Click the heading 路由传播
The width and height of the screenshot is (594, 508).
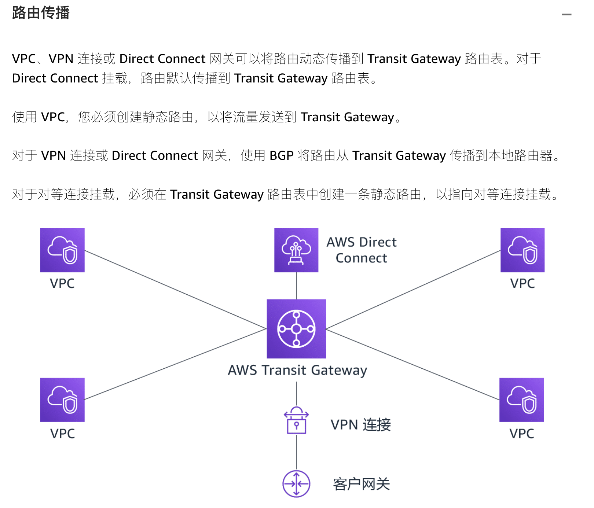41,13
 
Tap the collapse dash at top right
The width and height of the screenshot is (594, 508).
566,15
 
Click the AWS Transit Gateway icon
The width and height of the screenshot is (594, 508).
296,329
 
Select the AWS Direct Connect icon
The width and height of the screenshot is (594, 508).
296,250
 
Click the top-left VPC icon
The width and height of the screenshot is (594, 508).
62,250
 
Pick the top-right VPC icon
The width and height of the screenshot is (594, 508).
522,250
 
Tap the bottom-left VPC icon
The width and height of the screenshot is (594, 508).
62,400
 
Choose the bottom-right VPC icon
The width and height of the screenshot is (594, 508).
521,400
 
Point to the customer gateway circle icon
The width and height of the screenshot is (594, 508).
296,484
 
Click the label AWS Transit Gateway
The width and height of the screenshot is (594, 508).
297,370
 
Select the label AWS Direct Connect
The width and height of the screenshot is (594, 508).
362,250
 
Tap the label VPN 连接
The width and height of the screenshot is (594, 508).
361,425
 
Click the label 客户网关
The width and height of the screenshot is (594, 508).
362,484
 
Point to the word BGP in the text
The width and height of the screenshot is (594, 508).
282,156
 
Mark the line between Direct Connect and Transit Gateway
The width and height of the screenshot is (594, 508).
296,286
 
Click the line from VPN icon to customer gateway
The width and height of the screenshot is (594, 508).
296,452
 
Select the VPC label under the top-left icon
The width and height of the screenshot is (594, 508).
62,283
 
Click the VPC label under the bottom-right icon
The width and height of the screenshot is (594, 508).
521,434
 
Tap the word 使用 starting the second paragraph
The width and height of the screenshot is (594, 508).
25,117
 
